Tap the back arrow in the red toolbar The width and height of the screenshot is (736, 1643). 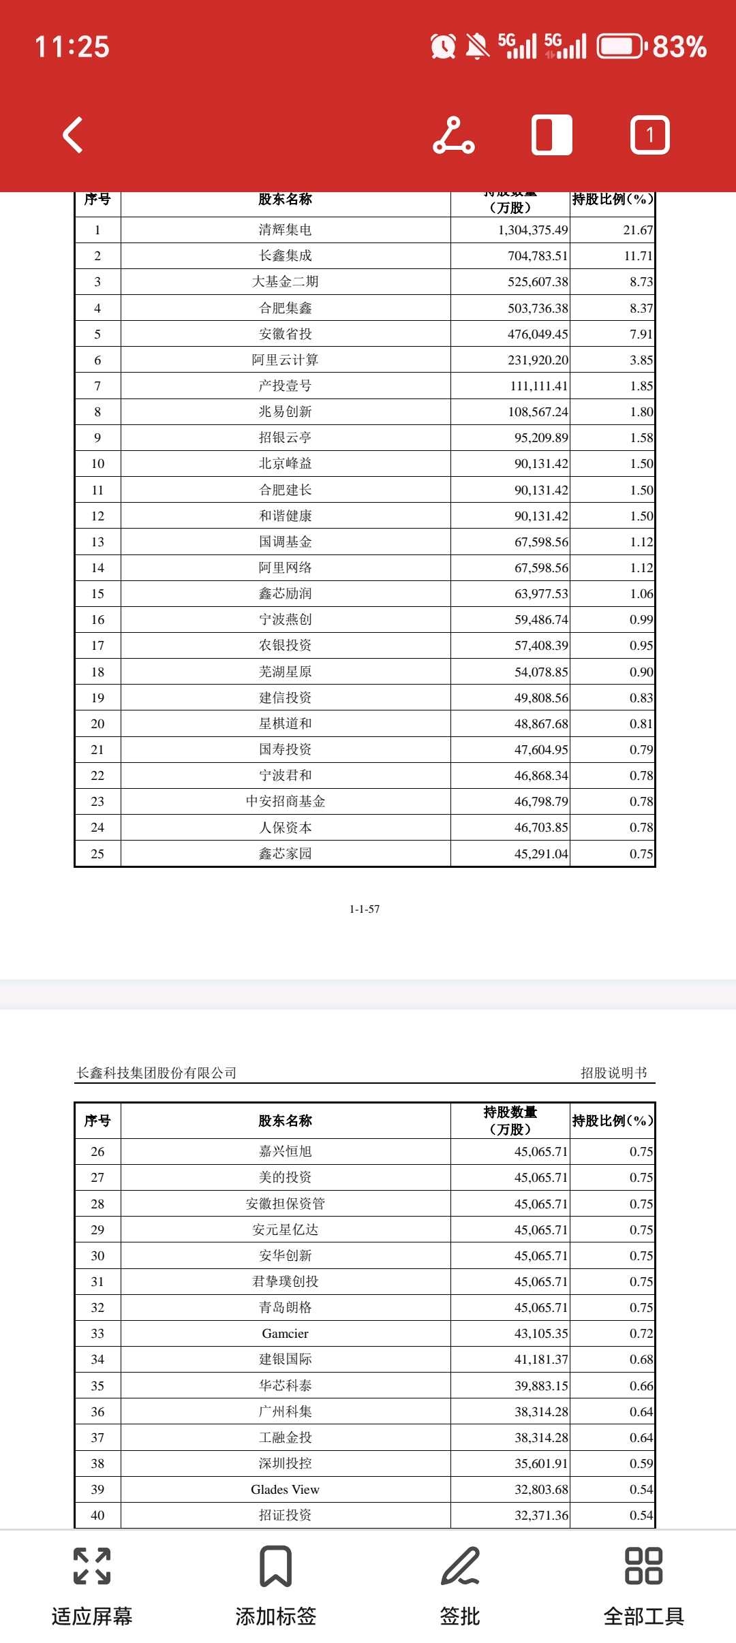[73, 135]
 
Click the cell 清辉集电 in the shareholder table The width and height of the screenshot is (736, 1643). [285, 230]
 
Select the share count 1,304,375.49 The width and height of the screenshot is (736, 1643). [532, 230]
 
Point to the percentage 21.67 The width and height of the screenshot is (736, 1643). [637, 230]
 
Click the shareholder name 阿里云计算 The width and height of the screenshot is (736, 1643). [285, 360]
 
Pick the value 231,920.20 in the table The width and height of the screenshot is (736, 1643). [538, 360]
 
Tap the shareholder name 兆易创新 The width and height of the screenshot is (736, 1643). [285, 411]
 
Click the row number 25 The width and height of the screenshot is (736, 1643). [97, 854]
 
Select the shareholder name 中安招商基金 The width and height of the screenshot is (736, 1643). [285, 802]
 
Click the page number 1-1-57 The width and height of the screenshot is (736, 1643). [365, 909]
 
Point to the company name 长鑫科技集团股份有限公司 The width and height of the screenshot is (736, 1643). [157, 1073]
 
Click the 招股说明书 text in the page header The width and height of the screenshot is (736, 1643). [613, 1073]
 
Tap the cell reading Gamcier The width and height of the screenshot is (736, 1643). [285, 1333]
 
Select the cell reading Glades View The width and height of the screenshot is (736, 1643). [285, 1489]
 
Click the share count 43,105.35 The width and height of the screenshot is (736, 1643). [541, 1333]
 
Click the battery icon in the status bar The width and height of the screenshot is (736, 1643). [620, 47]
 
